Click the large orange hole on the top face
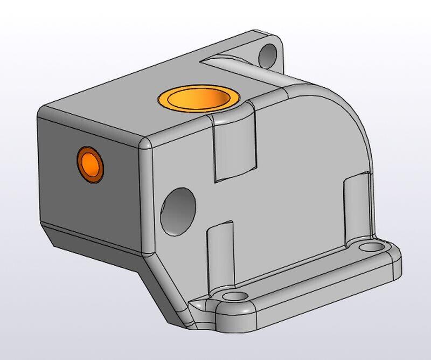[198, 99]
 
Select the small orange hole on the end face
[89, 164]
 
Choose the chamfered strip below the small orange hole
[92, 238]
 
